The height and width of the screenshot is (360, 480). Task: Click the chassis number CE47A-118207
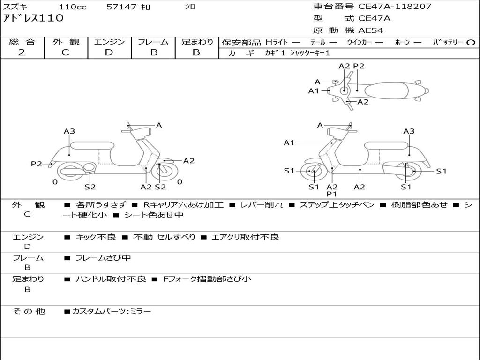pyautogui.click(x=395, y=7)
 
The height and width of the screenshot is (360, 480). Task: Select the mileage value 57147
pyautogui.click(x=121, y=7)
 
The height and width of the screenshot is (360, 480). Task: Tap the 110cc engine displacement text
pyautogui.click(x=73, y=7)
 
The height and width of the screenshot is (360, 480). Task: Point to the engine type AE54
pyautogui.click(x=371, y=30)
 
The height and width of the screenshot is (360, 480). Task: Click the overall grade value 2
pyautogui.click(x=22, y=52)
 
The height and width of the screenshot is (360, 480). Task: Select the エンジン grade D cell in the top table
pyautogui.click(x=109, y=52)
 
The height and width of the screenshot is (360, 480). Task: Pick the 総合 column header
pyautogui.click(x=22, y=42)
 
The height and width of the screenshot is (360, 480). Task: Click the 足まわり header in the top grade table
pyautogui.click(x=197, y=42)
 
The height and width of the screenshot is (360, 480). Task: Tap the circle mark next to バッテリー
pyautogui.click(x=471, y=43)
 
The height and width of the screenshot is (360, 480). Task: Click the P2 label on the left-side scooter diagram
pyautogui.click(x=37, y=164)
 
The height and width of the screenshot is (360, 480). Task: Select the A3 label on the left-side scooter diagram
pyautogui.click(x=69, y=131)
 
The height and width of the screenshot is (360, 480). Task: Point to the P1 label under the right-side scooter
pyautogui.click(x=332, y=194)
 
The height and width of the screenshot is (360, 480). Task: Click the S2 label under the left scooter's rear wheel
pyautogui.click(x=90, y=187)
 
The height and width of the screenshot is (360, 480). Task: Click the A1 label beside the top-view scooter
pyautogui.click(x=314, y=91)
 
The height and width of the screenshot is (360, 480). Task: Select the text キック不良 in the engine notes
pyautogui.click(x=96, y=237)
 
